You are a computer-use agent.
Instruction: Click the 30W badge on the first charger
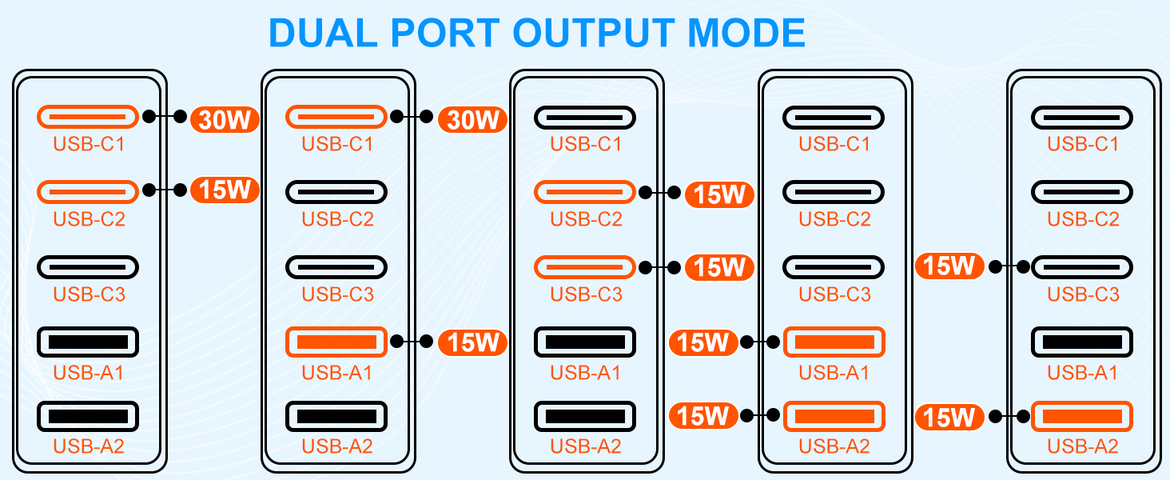pyautogui.click(x=225, y=119)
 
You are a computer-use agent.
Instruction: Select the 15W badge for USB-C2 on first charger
pyautogui.click(x=225, y=190)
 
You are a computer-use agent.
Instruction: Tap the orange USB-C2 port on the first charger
pyautogui.click(x=88, y=192)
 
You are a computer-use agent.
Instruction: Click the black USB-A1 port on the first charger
pyautogui.click(x=88, y=342)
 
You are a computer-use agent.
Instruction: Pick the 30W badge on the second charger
pyautogui.click(x=472, y=119)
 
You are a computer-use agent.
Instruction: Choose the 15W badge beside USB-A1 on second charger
pyautogui.click(x=472, y=342)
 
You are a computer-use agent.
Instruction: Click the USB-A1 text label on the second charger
pyautogui.click(x=336, y=372)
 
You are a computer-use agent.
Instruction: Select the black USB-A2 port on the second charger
pyautogui.click(x=336, y=416)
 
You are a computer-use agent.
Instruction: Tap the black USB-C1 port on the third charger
pyautogui.click(x=585, y=118)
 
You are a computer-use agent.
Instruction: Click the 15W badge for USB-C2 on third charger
pyautogui.click(x=719, y=194)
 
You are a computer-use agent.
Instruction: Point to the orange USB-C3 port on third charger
pyautogui.click(x=585, y=267)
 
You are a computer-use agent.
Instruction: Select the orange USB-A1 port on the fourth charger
pyautogui.click(x=834, y=342)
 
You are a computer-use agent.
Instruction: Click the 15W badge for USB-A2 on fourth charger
pyautogui.click(x=702, y=416)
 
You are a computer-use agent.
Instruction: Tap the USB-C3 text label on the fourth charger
pyautogui.click(x=834, y=294)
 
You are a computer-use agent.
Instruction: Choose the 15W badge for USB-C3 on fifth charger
pyautogui.click(x=950, y=266)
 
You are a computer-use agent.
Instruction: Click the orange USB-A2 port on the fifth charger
pyautogui.click(x=1082, y=416)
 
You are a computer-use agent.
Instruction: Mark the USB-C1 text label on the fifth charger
pyautogui.click(x=1082, y=144)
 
